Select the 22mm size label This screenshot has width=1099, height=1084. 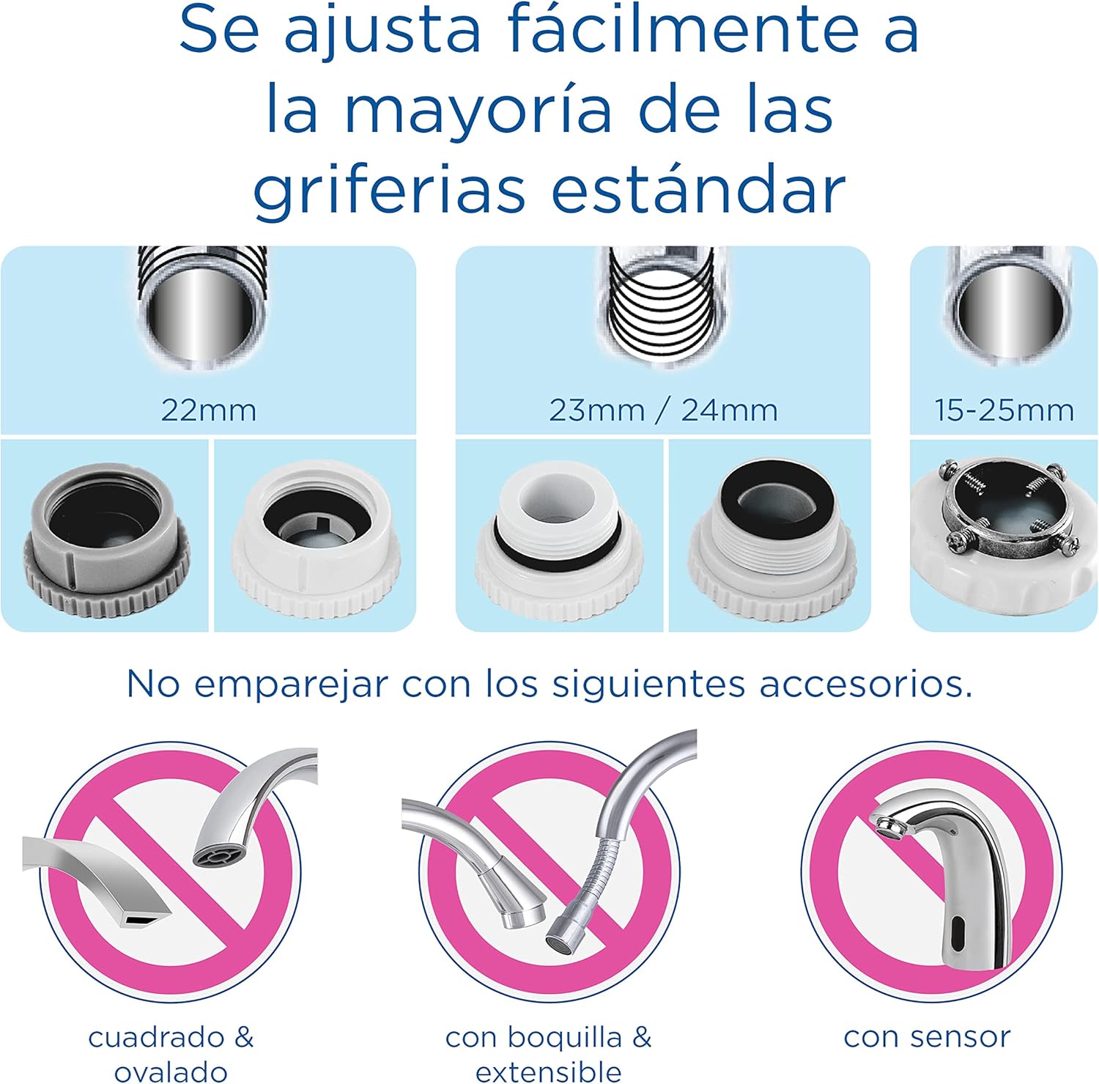coord(209,410)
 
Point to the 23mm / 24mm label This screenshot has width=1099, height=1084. coord(663,410)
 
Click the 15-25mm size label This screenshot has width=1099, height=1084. coord(1004,410)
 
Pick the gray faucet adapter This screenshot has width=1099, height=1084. coord(106,539)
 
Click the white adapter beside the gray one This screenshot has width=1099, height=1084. coord(315,539)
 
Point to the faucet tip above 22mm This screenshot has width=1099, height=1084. coord(203,306)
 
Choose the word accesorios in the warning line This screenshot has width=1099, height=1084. coord(866,684)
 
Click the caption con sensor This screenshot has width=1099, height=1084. coord(927,1037)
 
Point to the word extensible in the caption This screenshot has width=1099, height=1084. coord(549,1071)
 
